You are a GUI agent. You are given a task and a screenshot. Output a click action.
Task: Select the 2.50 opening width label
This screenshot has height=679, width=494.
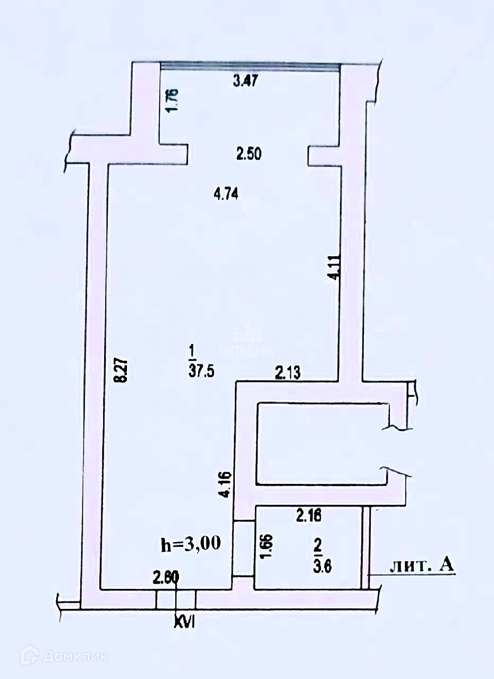click(x=249, y=154)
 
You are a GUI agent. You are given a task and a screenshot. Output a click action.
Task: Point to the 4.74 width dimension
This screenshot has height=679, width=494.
click(x=226, y=195)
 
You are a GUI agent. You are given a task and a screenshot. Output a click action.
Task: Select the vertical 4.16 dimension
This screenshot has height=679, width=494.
click(x=226, y=484)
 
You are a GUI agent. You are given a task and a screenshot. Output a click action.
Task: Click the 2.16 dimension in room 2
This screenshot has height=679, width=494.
click(x=309, y=514)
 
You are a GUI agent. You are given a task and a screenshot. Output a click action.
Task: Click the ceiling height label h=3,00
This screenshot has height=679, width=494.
click(x=191, y=544)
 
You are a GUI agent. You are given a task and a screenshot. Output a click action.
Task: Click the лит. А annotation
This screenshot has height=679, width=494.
click(x=422, y=566)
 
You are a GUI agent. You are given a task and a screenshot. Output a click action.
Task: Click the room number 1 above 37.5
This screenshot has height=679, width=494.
click(x=191, y=351)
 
